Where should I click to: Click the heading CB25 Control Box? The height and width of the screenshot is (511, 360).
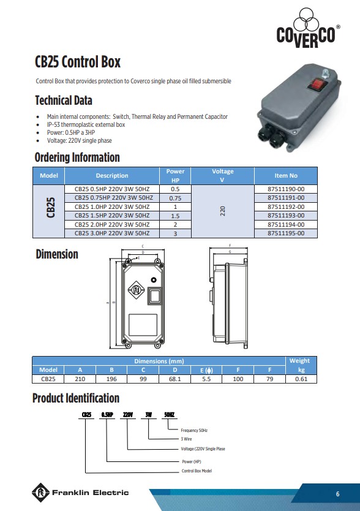click(x=78, y=62)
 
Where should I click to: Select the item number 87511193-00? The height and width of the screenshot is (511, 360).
click(x=285, y=216)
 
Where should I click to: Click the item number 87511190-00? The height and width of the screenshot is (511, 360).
click(x=285, y=189)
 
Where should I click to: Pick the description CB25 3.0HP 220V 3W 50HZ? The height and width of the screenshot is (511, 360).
click(x=112, y=233)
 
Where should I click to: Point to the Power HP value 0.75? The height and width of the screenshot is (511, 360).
click(x=175, y=199)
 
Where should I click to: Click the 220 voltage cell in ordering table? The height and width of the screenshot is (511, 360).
click(x=223, y=211)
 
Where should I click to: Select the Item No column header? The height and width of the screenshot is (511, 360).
click(x=285, y=175)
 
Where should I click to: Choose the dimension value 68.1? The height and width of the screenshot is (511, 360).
click(x=175, y=379)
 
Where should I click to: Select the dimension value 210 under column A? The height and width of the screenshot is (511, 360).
click(x=80, y=379)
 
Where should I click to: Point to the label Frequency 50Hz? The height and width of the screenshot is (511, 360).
click(x=194, y=431)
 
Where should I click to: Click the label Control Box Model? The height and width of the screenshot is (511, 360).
click(x=197, y=471)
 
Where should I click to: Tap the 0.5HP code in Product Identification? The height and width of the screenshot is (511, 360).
click(x=107, y=415)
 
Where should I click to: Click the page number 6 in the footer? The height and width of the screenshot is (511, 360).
click(x=337, y=494)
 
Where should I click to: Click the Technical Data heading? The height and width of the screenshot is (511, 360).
click(x=64, y=100)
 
